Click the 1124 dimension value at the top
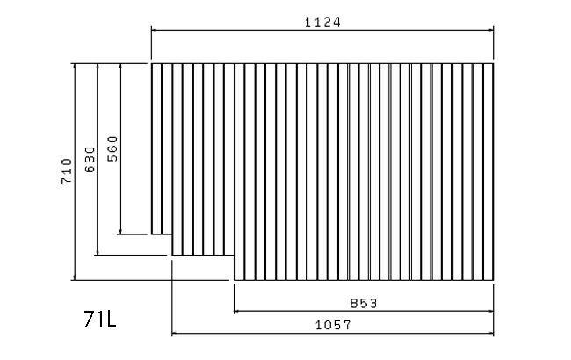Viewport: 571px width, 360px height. (322, 23)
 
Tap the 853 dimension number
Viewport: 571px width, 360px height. (364, 303)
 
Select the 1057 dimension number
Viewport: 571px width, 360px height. (333, 325)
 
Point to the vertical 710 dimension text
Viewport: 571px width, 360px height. (67, 171)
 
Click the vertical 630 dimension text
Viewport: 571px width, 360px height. (90, 160)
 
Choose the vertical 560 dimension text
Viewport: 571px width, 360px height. (112, 148)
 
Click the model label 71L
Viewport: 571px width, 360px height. (100, 319)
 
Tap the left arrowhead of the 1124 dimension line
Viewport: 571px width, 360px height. (154, 30)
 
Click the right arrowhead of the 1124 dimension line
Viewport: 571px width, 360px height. (491, 30)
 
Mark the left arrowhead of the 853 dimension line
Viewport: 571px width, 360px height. (236, 311)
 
